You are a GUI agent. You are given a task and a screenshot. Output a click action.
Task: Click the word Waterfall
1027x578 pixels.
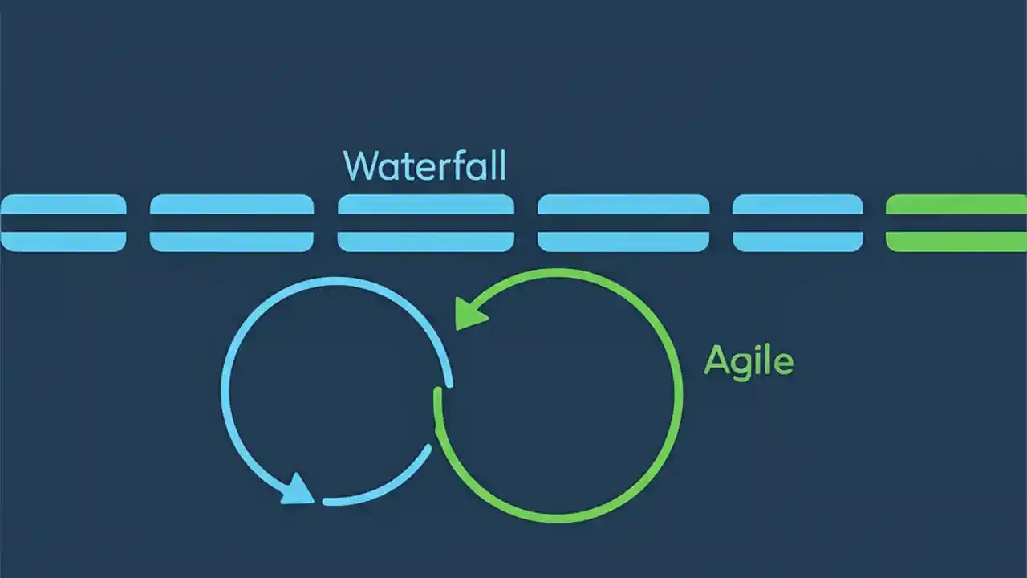coord(424,165)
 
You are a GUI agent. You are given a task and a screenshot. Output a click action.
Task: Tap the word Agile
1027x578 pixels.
coord(749,361)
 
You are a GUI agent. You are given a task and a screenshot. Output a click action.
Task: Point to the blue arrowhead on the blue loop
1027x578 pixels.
coord(298,489)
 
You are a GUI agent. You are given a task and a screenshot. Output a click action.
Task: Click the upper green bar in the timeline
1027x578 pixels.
coord(956,204)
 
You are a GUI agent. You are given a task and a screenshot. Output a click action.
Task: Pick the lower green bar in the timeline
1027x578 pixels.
coord(956,242)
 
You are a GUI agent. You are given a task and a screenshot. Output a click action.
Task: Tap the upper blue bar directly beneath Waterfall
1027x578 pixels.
coord(425,204)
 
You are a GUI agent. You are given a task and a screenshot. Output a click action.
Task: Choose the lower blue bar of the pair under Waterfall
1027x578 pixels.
coord(425,242)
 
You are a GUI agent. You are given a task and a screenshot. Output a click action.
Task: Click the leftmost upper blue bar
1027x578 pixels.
coord(63,204)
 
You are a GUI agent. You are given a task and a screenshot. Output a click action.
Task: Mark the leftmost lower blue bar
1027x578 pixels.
coord(63,242)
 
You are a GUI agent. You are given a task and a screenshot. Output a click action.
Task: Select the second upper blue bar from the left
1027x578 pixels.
coord(231,204)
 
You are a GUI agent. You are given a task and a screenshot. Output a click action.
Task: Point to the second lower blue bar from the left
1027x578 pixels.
coord(231,242)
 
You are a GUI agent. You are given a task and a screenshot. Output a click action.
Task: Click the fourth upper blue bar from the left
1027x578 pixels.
coord(623,204)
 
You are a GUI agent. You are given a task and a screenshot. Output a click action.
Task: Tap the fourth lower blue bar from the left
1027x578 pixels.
coord(623,242)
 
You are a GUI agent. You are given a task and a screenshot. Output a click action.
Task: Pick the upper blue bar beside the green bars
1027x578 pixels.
coord(798,204)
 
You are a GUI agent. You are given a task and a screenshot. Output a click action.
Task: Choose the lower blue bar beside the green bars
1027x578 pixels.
coord(798,242)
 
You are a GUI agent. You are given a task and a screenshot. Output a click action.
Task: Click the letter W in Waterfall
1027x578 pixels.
coord(360,165)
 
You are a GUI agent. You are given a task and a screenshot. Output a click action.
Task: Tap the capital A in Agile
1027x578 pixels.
coord(716,360)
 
